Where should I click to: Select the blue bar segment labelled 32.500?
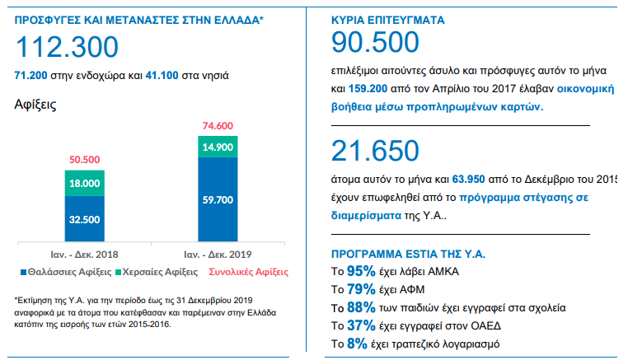point(85,219)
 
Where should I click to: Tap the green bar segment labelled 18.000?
point(85,184)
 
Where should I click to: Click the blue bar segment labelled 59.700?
point(218,199)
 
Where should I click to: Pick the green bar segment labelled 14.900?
point(218,147)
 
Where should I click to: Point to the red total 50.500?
point(85,160)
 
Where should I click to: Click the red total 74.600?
point(218,125)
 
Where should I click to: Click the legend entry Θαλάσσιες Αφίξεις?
point(64,271)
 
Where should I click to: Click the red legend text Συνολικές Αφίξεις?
point(246,271)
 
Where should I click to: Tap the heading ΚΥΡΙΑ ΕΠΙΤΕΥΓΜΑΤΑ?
point(390,19)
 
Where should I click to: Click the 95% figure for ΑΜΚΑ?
point(360,270)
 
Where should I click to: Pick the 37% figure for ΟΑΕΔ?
point(360,325)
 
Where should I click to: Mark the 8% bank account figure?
point(356,344)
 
